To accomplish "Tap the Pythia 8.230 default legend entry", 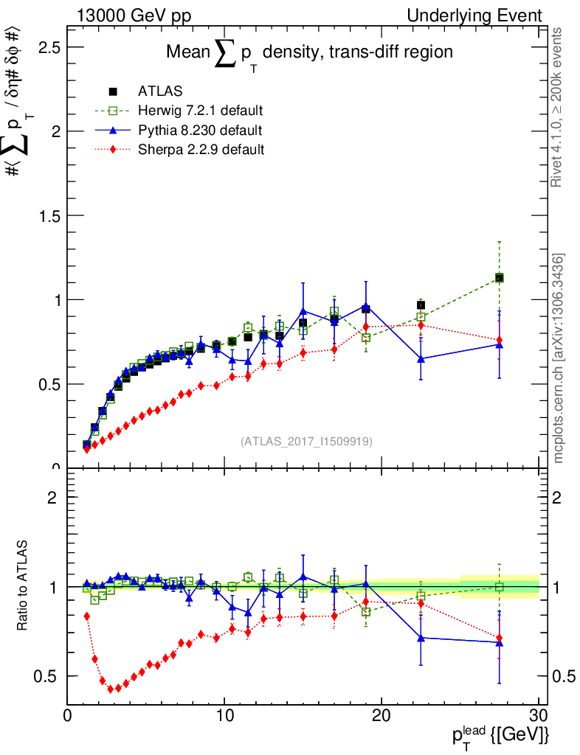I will (200, 131).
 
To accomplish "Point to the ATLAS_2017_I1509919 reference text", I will (306, 442).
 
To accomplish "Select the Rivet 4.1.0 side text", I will (559, 107).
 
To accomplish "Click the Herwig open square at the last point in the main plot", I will (500, 278).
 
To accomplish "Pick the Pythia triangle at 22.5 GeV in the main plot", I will (421, 359).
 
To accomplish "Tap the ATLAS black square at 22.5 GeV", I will (421, 305).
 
